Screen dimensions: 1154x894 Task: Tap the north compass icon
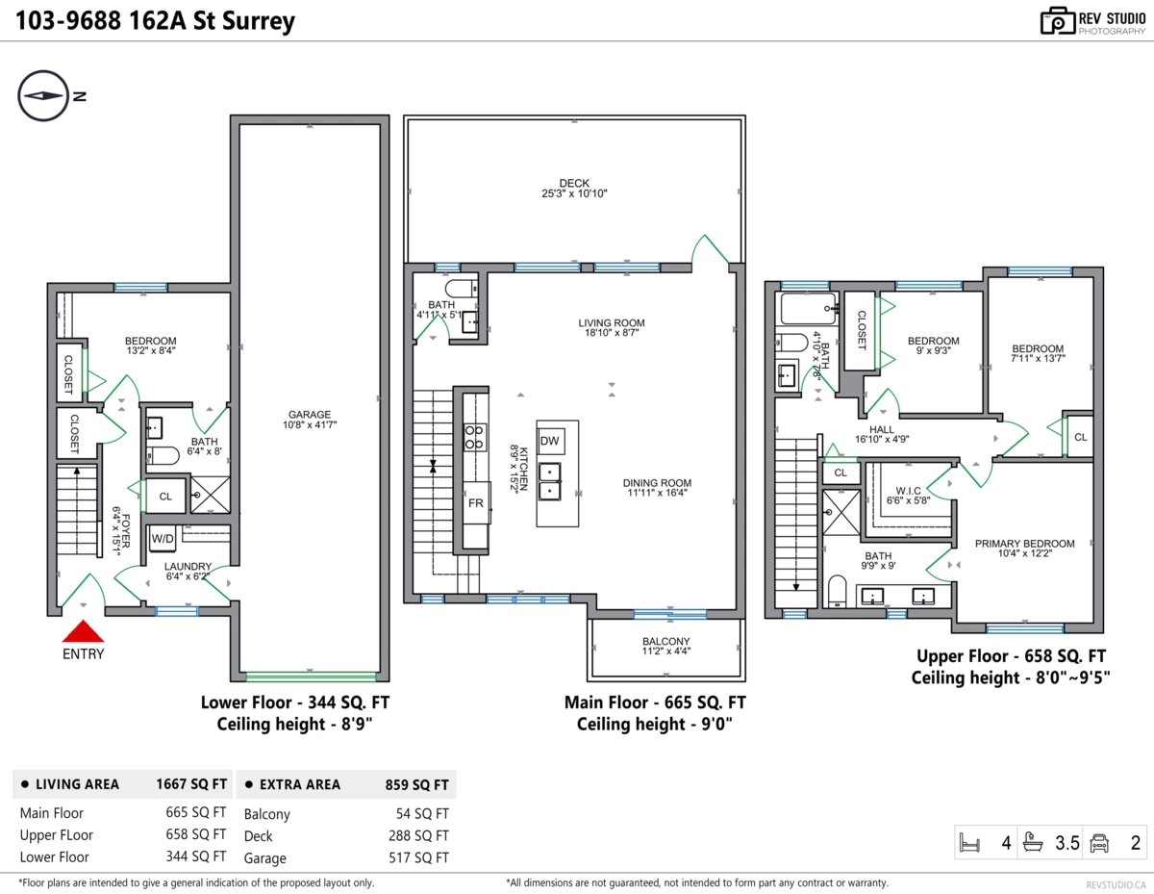click(43, 95)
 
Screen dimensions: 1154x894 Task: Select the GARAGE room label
click(310, 420)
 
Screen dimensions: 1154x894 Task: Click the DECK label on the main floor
click(574, 188)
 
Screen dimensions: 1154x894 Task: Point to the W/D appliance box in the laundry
click(163, 539)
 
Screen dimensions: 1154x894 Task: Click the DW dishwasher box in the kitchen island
click(550, 441)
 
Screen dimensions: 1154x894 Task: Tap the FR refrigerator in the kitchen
click(476, 503)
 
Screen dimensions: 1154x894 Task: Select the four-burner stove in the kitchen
click(474, 437)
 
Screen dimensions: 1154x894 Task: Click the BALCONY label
click(665, 646)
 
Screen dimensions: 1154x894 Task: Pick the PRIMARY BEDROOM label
click(1024, 549)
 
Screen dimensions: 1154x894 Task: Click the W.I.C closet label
click(908, 495)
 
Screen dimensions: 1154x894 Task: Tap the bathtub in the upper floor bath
click(806, 309)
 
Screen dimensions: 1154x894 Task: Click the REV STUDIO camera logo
click(1058, 21)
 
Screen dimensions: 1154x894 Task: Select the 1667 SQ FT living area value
click(191, 784)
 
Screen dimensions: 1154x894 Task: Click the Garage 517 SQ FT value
click(418, 857)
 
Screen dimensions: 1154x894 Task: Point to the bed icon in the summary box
click(969, 842)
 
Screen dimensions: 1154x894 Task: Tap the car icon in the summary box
click(1099, 842)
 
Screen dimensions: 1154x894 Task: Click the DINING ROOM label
click(657, 488)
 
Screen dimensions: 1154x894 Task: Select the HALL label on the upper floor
click(882, 434)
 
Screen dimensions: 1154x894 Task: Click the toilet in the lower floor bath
click(163, 456)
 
